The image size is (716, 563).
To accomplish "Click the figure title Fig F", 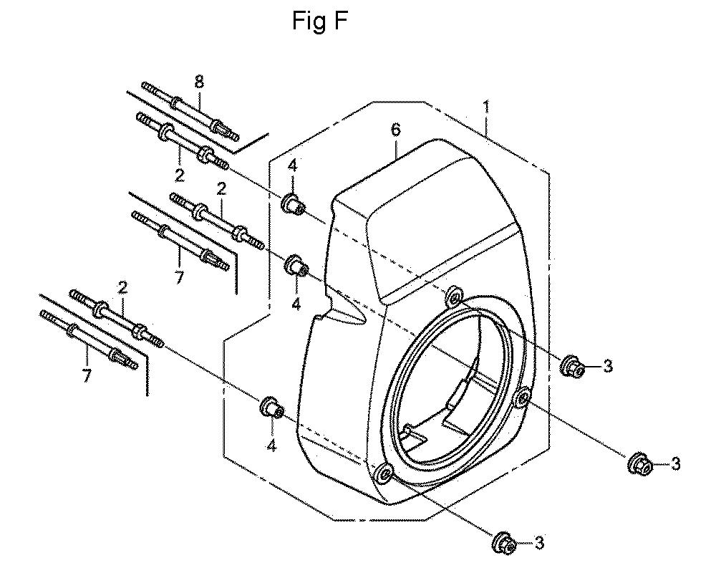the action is point(319,21).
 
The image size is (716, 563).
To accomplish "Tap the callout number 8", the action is point(199,82).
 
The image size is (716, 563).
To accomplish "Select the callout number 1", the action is point(486,107).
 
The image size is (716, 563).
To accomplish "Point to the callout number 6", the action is point(396,130).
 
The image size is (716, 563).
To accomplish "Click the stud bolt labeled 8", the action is point(190,111).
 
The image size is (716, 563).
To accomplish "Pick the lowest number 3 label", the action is point(539,544).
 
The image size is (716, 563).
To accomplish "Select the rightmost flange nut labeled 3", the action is point(639,464).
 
